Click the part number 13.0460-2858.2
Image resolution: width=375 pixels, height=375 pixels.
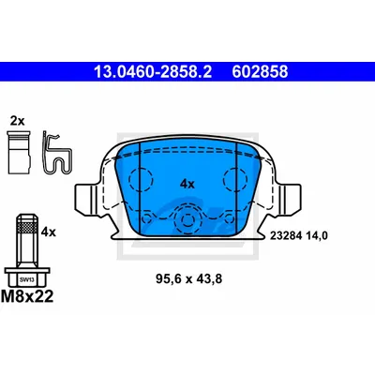153,71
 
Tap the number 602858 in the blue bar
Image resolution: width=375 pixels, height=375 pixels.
260,71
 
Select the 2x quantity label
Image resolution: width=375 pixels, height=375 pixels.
17,121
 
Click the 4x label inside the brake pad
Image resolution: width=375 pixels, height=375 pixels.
187,185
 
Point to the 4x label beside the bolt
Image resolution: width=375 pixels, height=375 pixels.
49,232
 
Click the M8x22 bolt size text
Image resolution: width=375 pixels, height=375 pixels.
27,296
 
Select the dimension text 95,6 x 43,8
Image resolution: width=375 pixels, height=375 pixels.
188,278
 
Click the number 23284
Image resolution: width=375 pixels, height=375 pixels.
286,236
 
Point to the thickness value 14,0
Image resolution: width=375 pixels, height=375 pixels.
317,236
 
